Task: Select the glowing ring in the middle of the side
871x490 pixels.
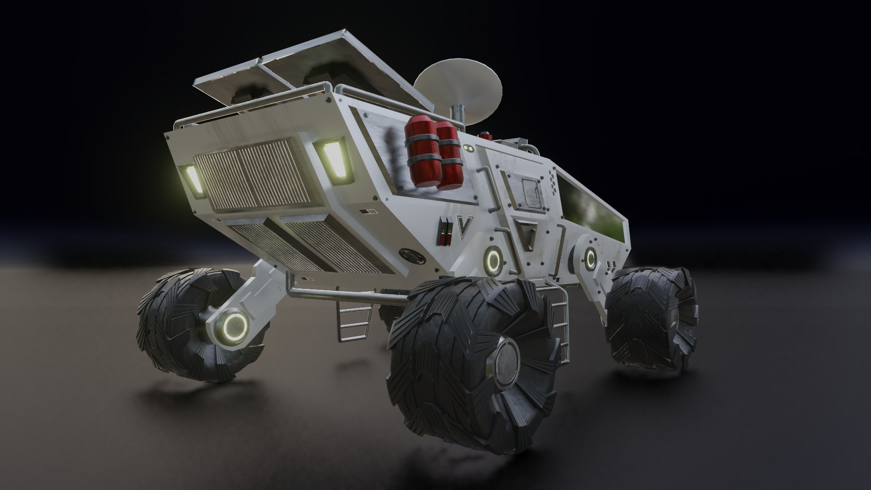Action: coord(493,260)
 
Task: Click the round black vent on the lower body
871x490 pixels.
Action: coord(412,256)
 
